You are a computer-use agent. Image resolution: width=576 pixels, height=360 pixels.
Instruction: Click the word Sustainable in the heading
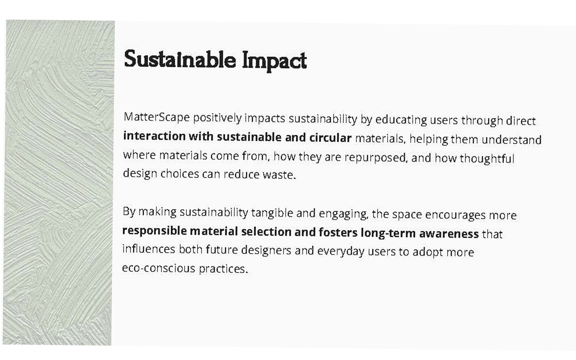[180, 59]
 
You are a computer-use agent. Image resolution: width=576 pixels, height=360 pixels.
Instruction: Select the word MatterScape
[157, 117]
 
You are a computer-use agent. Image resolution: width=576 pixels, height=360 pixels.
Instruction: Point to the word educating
[401, 120]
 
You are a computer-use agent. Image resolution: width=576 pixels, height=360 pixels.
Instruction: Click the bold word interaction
[154, 136]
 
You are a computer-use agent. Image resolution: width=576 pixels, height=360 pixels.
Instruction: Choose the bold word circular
[330, 138]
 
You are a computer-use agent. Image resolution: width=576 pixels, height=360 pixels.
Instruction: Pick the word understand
[512, 140]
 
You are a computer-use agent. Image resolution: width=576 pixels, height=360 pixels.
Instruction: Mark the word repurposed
[376, 157]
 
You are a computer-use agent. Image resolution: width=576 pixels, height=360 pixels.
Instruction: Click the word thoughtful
[487, 158]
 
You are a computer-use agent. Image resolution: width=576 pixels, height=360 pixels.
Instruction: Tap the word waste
[279, 175]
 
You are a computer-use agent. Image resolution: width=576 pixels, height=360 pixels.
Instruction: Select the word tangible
[272, 213]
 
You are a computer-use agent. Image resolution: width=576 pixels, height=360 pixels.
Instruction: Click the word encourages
[455, 215]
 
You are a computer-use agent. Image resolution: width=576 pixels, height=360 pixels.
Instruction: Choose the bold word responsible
[154, 231]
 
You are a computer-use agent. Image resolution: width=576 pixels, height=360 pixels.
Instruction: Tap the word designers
[266, 250]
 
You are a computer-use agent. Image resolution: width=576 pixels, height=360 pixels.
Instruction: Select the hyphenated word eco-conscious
[159, 268]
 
